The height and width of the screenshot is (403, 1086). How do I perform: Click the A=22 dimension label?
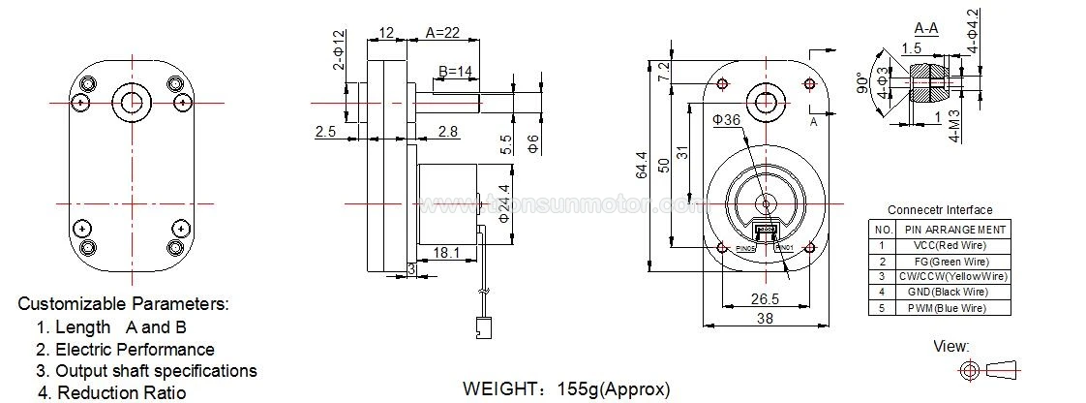point(444,33)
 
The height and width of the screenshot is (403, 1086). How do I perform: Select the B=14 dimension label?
point(456,72)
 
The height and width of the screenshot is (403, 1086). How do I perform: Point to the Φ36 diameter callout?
point(726,120)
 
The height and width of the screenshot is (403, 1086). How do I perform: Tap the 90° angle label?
point(860,85)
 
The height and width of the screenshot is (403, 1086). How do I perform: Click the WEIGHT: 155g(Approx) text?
point(566,389)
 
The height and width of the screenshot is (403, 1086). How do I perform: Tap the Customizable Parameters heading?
point(124,304)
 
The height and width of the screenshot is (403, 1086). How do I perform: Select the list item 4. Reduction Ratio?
point(111,392)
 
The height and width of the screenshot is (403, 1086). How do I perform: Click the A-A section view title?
point(925,28)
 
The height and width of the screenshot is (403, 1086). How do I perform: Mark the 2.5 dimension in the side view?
point(327,131)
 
